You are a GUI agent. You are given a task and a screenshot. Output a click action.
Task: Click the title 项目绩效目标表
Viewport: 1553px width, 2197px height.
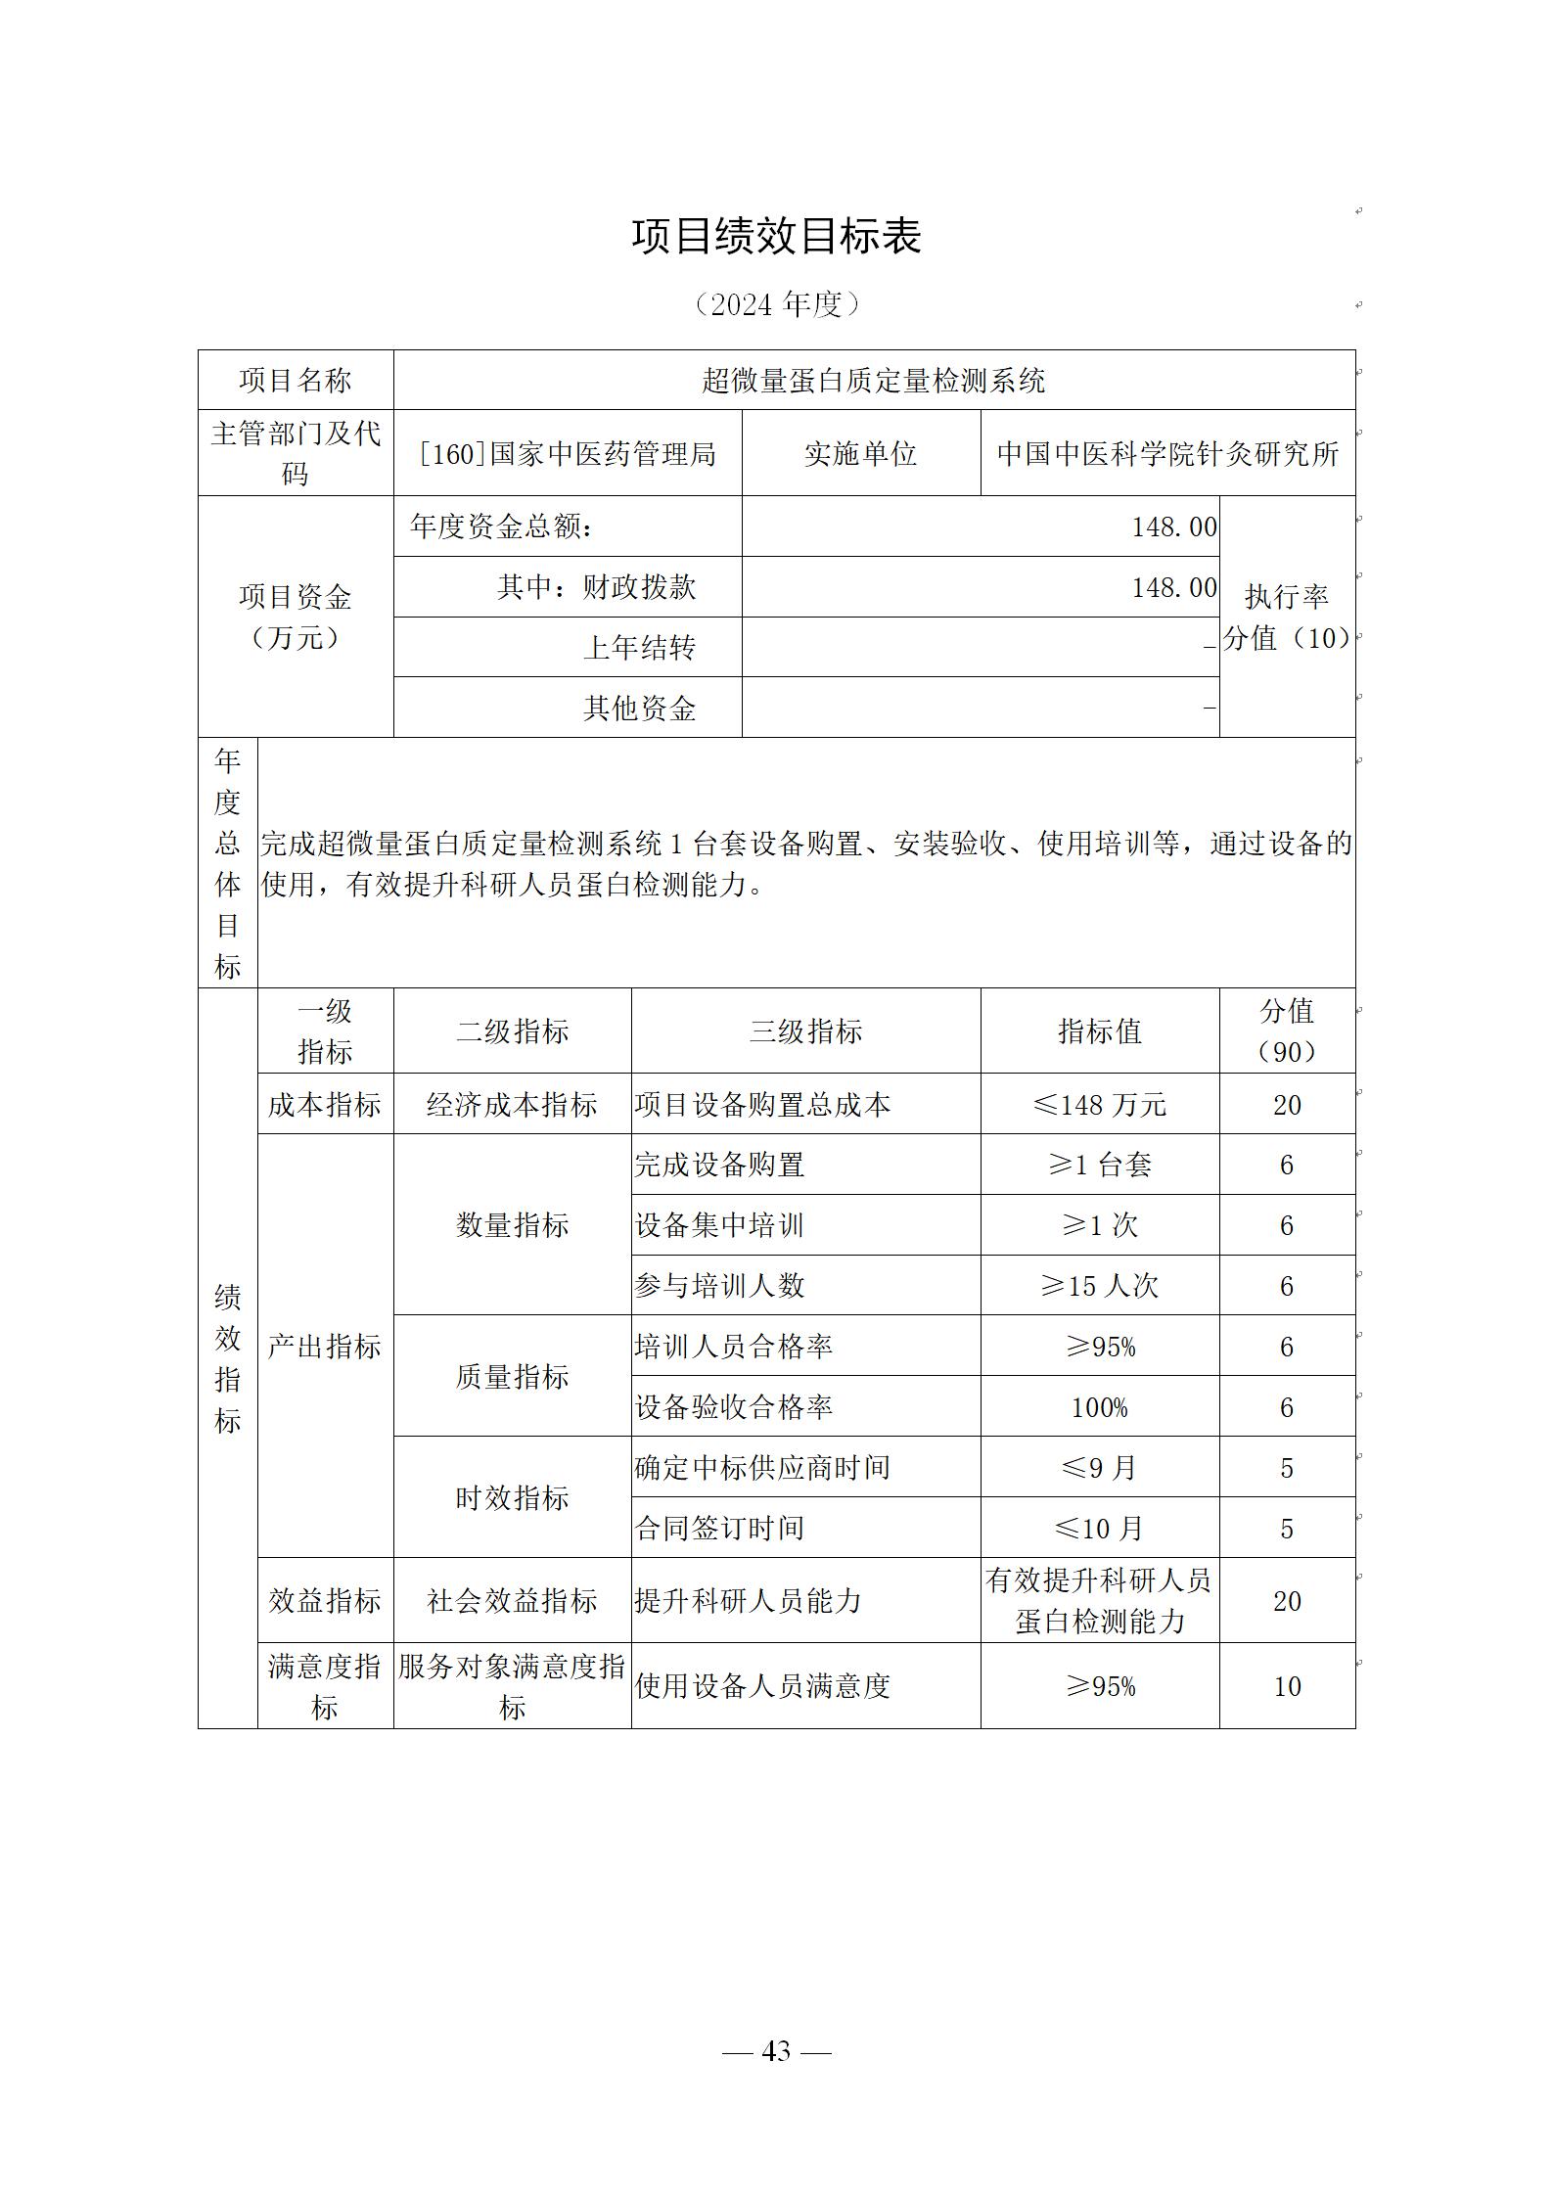776,237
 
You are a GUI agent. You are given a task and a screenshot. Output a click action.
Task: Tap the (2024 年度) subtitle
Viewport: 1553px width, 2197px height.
776,304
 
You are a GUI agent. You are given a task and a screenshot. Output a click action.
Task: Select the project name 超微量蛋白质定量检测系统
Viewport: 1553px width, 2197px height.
873,380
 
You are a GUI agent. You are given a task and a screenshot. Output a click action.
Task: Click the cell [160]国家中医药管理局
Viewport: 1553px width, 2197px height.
568,453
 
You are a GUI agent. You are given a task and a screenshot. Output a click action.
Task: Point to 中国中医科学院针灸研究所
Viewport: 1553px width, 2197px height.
1167,453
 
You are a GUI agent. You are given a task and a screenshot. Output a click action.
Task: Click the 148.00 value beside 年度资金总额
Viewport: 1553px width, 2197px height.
1174,526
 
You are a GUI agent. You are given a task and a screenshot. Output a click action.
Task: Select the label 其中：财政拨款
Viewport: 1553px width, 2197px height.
596,587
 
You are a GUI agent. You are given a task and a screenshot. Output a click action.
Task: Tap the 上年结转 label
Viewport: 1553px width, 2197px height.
639,647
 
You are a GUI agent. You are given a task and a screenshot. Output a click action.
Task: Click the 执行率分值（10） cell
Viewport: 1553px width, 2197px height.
1287,617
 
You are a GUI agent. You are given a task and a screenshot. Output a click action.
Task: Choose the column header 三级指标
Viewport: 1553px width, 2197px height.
805,1030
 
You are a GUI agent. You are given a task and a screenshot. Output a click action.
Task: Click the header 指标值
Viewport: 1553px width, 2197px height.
1099,1030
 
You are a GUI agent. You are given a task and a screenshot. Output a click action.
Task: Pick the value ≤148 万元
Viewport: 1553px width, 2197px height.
1099,1105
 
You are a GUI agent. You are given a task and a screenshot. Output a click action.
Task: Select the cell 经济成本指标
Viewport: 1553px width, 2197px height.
512,1105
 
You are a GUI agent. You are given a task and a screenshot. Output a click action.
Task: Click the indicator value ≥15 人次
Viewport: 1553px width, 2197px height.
1099,1286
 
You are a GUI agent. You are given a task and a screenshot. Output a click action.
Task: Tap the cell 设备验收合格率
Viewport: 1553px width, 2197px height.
734,1407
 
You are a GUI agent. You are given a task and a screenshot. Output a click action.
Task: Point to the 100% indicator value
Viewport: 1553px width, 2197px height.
1099,1407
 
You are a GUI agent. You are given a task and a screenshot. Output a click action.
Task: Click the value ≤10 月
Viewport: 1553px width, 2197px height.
1099,1528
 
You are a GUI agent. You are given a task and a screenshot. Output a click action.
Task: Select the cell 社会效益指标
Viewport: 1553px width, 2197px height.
512,1601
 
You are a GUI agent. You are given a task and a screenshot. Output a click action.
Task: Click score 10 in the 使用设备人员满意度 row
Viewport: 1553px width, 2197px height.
1287,1686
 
